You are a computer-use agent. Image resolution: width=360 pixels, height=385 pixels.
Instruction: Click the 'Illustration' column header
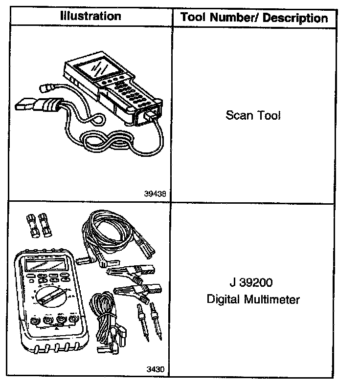click(90, 16)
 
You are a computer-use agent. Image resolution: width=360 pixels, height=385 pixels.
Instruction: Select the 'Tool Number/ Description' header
click(254, 18)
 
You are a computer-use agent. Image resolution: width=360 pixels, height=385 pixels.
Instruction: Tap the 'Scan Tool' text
click(253, 116)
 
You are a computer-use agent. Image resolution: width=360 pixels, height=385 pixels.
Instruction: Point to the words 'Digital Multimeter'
click(253, 299)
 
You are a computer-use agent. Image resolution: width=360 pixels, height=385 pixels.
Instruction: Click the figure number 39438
click(155, 193)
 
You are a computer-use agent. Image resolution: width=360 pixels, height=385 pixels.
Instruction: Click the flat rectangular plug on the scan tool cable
click(24, 107)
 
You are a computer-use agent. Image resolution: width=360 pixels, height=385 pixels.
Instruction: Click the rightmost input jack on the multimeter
click(73, 321)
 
